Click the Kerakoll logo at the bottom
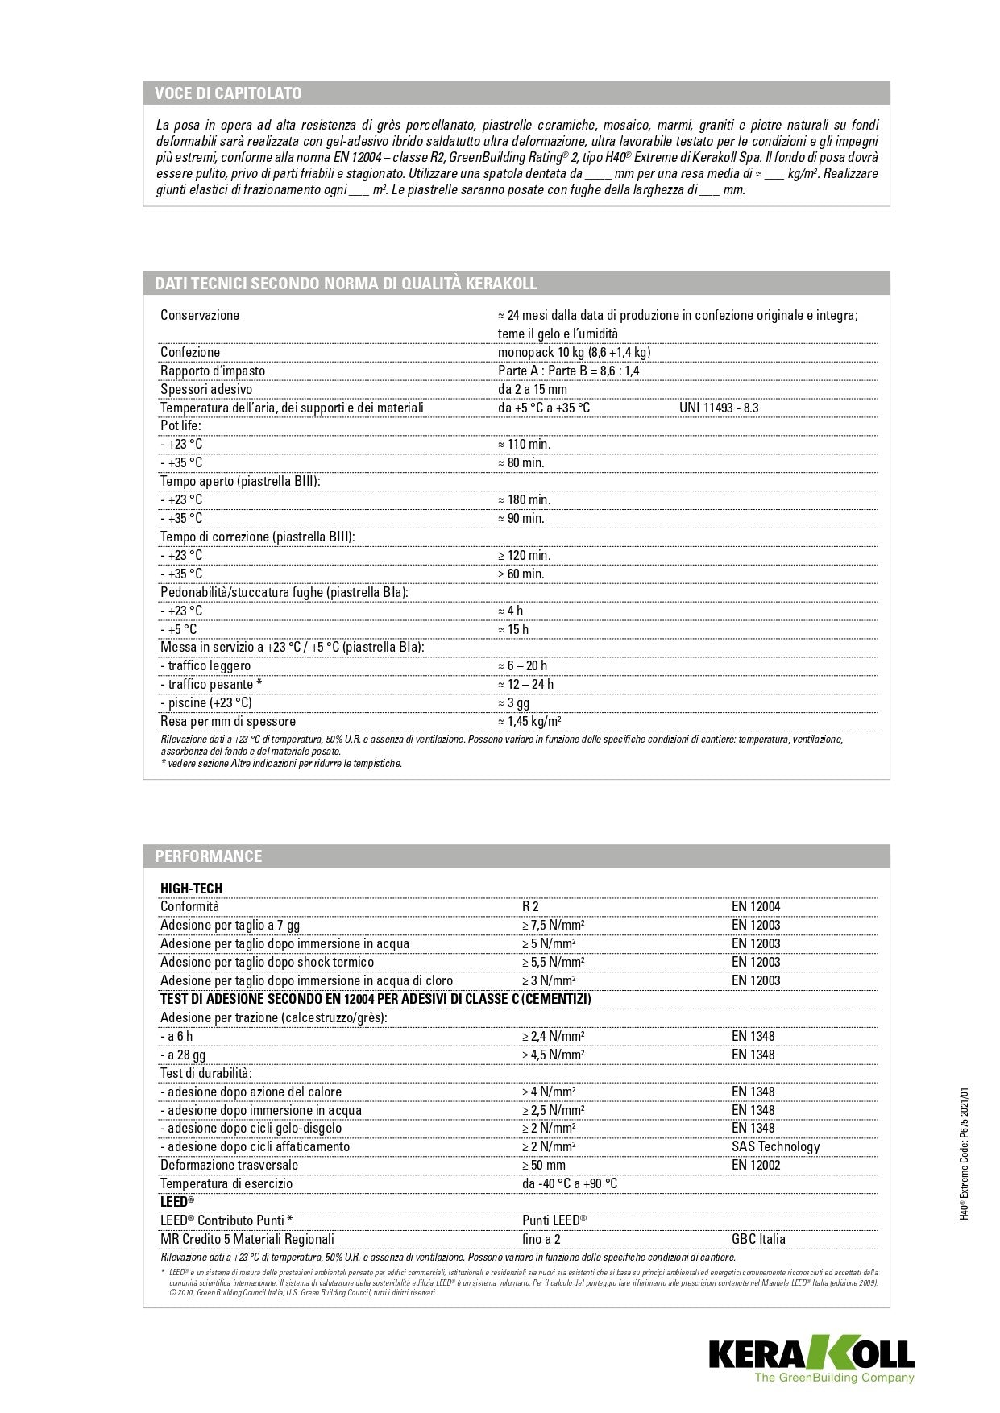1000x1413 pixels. tap(811, 1359)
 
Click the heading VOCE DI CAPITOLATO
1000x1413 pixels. tap(228, 93)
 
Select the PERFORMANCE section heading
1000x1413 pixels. tap(208, 856)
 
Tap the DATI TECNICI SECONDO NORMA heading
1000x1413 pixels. tap(346, 284)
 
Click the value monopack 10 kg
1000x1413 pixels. tap(574, 352)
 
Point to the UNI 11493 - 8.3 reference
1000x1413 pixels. tap(719, 408)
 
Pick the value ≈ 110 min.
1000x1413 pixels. tap(525, 444)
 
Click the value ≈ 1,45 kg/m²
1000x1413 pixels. tap(529, 721)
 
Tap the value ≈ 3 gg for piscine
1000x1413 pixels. tap(513, 702)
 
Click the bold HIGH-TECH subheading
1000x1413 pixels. tap(191, 889)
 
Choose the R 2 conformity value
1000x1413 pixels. tap(530, 906)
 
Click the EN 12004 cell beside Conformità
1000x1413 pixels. tap(755, 906)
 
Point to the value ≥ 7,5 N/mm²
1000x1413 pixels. tap(553, 925)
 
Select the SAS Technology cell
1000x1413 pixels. tap(775, 1146)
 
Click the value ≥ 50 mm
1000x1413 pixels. tap(543, 1165)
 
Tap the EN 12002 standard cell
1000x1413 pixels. tap(755, 1165)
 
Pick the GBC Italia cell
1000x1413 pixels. tap(757, 1239)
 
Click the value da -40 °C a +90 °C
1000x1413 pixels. tap(569, 1183)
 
